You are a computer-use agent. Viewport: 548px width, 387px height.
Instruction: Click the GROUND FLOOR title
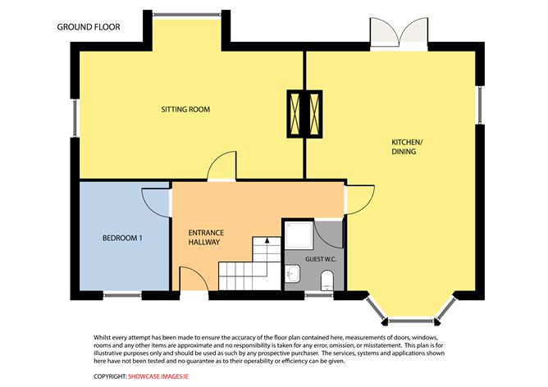pyautogui.click(x=89, y=27)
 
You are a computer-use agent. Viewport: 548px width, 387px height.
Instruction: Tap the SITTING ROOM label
pyautogui.click(x=185, y=109)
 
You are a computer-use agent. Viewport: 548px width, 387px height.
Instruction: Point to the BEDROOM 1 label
pyautogui.click(x=122, y=239)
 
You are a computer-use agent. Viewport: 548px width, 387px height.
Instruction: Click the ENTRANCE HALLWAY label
pyautogui.click(x=206, y=237)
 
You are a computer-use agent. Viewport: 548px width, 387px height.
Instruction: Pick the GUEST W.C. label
pyautogui.click(x=321, y=259)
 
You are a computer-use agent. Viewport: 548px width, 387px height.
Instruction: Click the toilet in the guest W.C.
pyautogui.click(x=327, y=280)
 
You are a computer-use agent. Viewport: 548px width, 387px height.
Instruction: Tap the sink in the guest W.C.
pyautogui.click(x=292, y=274)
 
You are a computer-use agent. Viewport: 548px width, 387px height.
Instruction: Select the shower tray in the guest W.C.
pyautogui.click(x=299, y=236)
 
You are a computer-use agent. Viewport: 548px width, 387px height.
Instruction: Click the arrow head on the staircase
pyautogui.click(x=267, y=240)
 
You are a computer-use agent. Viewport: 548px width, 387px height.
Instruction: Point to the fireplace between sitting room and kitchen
pyautogui.click(x=304, y=114)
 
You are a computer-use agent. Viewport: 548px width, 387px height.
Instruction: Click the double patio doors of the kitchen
pyautogui.click(x=399, y=34)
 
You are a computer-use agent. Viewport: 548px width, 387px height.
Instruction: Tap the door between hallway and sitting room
pyautogui.click(x=221, y=166)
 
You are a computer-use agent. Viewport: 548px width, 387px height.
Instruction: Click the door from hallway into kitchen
pyautogui.click(x=359, y=200)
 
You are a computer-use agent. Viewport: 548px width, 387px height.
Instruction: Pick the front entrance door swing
pyautogui.click(x=194, y=279)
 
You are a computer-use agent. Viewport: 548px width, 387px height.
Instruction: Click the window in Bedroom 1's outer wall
pyautogui.click(x=122, y=295)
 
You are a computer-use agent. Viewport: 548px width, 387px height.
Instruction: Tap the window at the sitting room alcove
pyautogui.click(x=187, y=15)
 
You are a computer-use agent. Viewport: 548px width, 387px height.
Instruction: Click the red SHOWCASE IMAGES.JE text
pyautogui.click(x=158, y=376)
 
